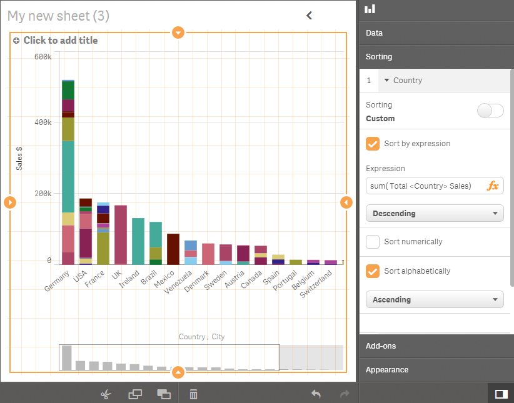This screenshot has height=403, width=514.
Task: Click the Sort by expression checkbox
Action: [x=373, y=144]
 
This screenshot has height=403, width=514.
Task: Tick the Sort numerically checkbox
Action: [x=373, y=242]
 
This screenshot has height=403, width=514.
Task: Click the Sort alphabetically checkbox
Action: [x=373, y=271]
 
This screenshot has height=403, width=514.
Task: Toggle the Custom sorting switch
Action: [x=490, y=111]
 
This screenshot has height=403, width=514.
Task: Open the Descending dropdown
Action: [x=435, y=214]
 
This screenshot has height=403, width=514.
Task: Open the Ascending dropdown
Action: [x=435, y=300]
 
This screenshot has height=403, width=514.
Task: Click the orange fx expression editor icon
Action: [x=493, y=186]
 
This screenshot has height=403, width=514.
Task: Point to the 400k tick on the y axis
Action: [x=43, y=122]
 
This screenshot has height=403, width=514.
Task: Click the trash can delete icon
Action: [x=194, y=394]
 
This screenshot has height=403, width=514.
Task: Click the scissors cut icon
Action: [x=106, y=394]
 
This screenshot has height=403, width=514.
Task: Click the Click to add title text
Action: [x=60, y=41]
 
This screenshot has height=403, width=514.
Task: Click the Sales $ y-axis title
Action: [x=19, y=158]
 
